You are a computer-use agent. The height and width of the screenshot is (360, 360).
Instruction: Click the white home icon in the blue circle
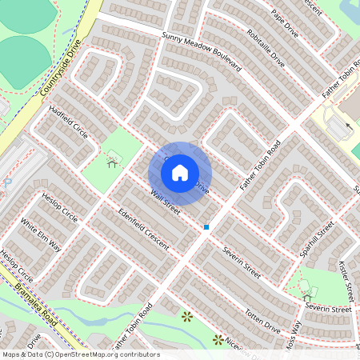point(180,173)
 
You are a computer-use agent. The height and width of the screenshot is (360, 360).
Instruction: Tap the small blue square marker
point(206,227)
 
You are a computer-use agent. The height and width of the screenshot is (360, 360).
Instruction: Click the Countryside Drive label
point(61,71)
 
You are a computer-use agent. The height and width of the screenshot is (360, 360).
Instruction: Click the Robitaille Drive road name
point(266,47)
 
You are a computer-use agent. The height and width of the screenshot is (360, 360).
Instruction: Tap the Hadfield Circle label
point(69,122)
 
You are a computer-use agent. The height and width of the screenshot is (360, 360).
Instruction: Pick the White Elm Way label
point(41,234)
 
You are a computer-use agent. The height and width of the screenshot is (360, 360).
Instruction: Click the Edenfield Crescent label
point(143,229)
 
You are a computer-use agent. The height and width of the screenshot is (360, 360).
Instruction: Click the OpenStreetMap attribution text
point(80,354)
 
